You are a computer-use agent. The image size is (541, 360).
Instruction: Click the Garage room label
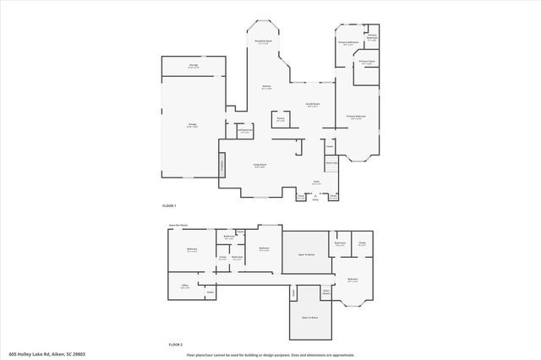click(x=193, y=126)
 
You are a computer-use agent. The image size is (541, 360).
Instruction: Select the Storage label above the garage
click(x=194, y=65)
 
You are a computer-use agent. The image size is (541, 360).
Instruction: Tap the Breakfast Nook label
click(x=264, y=41)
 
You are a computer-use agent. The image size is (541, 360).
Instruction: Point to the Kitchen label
click(x=265, y=87)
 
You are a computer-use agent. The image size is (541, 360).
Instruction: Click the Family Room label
click(x=312, y=106)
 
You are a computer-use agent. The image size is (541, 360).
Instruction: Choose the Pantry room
click(x=281, y=119)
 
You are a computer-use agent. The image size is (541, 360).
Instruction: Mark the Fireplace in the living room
click(x=222, y=166)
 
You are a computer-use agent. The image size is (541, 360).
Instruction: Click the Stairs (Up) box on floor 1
click(x=332, y=163)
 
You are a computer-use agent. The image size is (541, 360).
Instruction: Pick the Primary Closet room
click(x=366, y=63)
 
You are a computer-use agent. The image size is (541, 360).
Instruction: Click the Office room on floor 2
click(x=183, y=286)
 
